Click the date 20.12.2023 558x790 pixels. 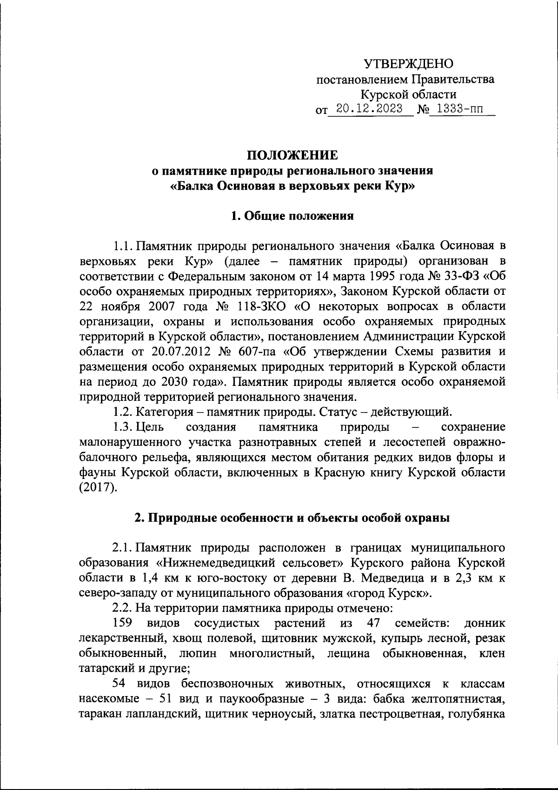tap(370, 109)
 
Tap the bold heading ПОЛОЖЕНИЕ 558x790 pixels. tap(292, 155)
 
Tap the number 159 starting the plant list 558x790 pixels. tap(124, 623)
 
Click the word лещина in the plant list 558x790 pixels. tap(348, 653)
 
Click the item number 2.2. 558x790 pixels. tap(122, 608)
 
